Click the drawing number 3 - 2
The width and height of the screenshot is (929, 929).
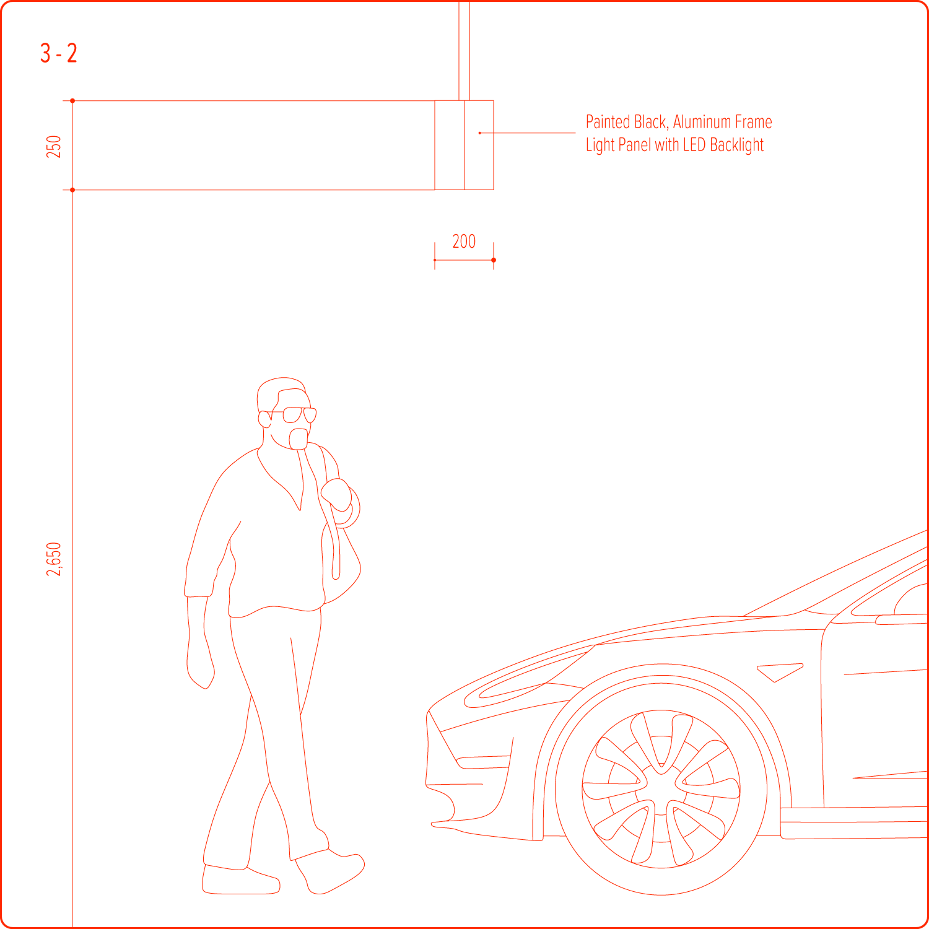[x=59, y=53]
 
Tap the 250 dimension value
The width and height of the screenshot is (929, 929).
[x=54, y=146]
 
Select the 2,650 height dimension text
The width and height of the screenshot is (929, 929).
[x=54, y=559]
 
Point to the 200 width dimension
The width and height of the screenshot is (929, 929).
[x=464, y=241]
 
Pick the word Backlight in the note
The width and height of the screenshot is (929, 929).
[x=737, y=145]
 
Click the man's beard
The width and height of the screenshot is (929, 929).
[x=299, y=438]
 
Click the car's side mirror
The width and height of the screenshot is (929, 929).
[x=901, y=619]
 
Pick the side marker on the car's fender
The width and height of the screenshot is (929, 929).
[x=780, y=672]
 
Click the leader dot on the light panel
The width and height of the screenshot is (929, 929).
[x=479, y=133]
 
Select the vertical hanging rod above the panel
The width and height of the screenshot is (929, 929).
[x=464, y=50]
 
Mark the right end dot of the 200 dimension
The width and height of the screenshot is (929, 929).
[x=494, y=260]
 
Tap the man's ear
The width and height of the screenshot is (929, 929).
[x=264, y=419]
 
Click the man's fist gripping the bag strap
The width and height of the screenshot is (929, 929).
[x=336, y=495]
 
